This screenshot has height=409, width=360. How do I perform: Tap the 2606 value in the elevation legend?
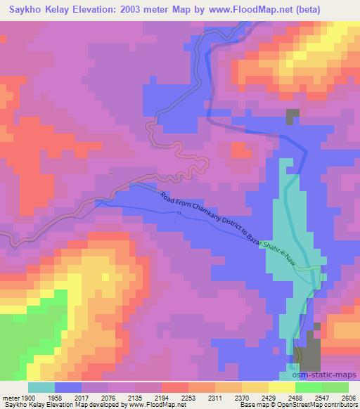click(347, 397)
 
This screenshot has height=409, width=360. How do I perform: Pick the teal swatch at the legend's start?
click(41, 387)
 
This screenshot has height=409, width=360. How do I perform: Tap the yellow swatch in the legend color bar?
click(281, 387)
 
